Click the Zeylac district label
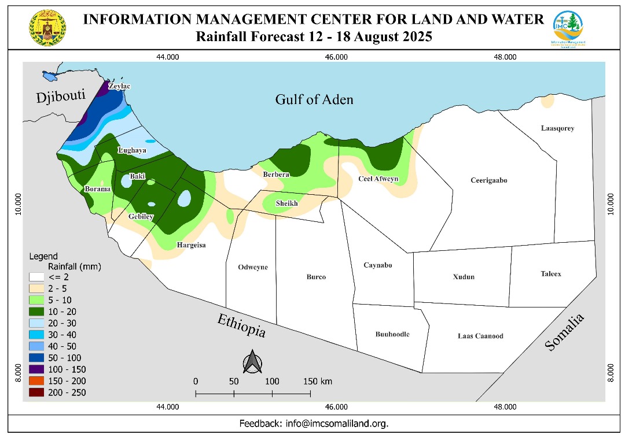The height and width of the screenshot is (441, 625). coord(120,86)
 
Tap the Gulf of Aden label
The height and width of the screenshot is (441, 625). coord(314,99)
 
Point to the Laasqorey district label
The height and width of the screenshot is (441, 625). coord(557,128)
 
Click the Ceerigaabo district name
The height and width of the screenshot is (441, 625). coord(488,180)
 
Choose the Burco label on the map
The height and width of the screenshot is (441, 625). coord(316,277)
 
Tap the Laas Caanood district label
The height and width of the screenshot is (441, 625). coord(480,336)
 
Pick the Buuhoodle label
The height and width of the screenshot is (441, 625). coord(392,334)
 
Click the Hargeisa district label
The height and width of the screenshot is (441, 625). coord(191,245)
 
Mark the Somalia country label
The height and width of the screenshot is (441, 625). coord(565,332)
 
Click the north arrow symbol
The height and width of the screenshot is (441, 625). coord(253,362)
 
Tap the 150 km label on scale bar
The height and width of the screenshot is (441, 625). coord(318,381)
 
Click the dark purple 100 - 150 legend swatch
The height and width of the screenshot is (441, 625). coord(38,369)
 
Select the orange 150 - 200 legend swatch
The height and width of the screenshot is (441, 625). coord(38,381)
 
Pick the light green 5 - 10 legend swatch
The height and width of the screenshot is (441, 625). coord(38,300)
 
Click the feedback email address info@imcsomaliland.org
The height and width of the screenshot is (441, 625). coord(337,424)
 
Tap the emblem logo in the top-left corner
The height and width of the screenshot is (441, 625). coord(47,28)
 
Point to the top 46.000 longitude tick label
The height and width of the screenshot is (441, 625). coord(336,57)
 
